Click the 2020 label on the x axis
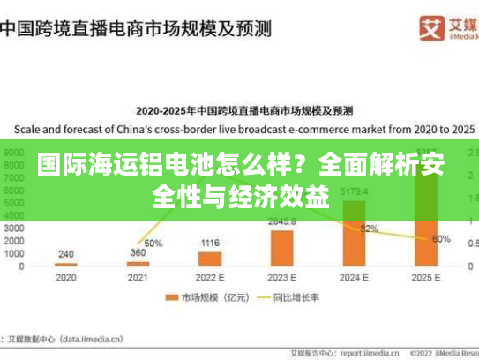pos(66,276)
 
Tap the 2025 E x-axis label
pos(426,276)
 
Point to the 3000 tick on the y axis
pos(15,227)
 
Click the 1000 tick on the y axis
pos(15,252)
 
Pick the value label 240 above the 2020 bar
pos(66,254)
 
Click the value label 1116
pos(210,243)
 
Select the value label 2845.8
pos(282,221)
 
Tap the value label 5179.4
pos(354,191)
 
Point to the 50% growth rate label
pos(153,243)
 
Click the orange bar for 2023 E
pos(282,247)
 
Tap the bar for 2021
pos(138,263)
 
